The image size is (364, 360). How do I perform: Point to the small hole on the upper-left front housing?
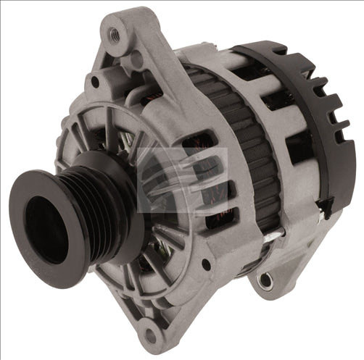(x=94, y=82)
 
